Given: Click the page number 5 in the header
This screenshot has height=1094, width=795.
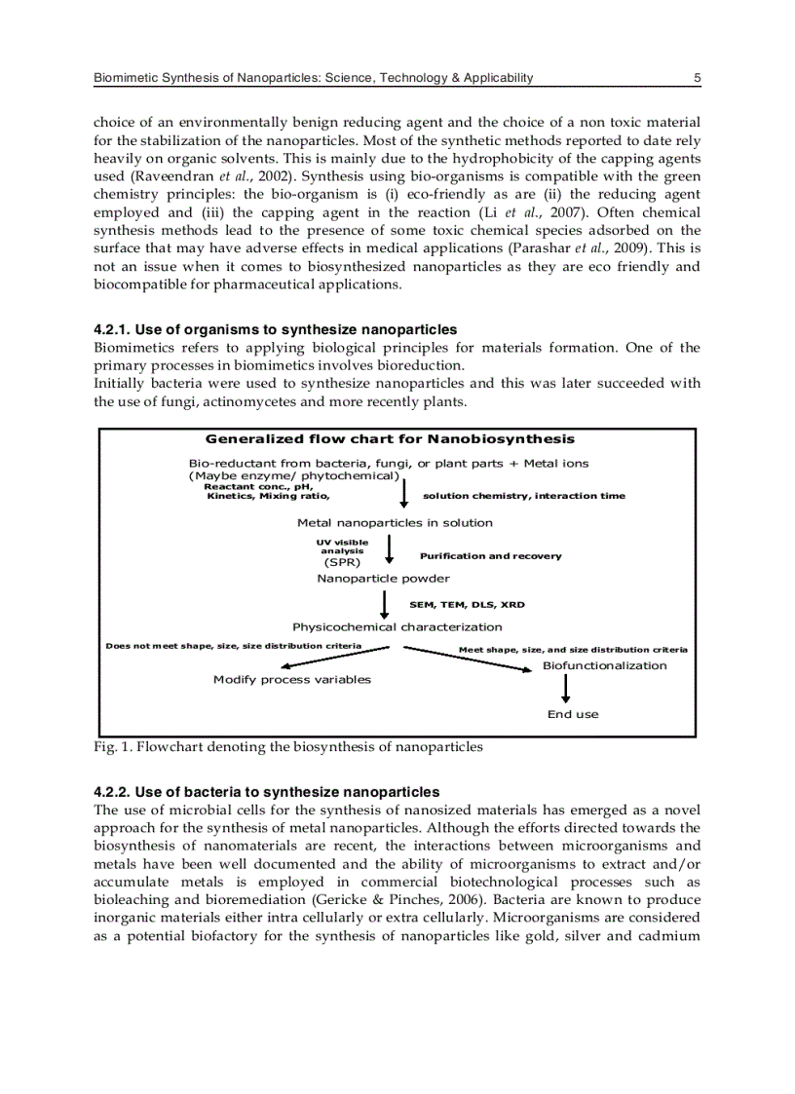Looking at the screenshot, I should point(697,78).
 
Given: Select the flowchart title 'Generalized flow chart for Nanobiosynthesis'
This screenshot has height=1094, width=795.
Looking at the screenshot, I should point(390,439).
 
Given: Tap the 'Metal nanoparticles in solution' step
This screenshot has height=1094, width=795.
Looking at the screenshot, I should point(395,523).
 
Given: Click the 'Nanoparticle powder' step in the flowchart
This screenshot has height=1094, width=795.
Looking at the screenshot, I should point(383,579).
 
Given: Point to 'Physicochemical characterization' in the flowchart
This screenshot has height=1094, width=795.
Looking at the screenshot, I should point(397,627).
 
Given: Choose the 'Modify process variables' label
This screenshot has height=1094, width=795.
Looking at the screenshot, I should point(291,680).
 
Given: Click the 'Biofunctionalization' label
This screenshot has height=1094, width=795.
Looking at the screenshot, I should point(604,666).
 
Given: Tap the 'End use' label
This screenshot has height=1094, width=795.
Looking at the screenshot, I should point(573,715).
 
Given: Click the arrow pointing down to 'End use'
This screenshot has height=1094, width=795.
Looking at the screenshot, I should point(566,689).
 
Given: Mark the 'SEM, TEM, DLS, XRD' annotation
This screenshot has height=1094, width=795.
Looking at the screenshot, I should point(467,605).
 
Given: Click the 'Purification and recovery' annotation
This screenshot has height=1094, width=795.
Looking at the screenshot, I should point(490,556).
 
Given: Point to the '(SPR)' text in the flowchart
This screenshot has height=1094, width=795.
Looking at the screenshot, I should point(342,563).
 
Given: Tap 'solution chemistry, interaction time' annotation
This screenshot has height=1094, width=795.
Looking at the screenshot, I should point(524,497).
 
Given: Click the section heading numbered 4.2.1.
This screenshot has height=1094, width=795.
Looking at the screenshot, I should point(275,330).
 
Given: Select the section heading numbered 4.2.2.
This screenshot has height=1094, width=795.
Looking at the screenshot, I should point(266,792).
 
